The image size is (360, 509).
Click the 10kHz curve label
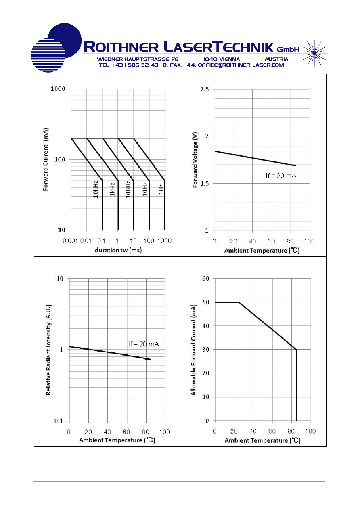[96, 189]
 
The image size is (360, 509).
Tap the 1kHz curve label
[112, 189]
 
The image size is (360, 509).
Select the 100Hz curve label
[128, 189]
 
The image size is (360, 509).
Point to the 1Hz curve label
[161, 189]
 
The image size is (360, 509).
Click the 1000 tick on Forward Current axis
[58, 89]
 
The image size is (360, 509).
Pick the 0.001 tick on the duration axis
[70, 241]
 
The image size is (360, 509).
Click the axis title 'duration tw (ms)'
[118, 250]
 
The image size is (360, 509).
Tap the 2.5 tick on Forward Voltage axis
[204, 89]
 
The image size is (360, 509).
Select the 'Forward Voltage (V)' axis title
[195, 160]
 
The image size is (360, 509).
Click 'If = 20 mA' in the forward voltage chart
[281, 176]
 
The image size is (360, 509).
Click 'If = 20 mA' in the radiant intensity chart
[144, 344]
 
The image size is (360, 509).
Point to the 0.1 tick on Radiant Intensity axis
[59, 421]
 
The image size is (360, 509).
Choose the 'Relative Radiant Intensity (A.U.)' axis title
[48, 350]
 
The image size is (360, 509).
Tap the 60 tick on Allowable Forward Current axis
[205, 279]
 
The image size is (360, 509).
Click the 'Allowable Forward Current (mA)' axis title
[193, 350]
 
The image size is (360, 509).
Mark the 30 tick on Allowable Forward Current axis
[205, 349]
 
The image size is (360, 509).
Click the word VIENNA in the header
[229, 59]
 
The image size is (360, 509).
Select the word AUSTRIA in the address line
[276, 59]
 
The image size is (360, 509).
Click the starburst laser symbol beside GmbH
[314, 53]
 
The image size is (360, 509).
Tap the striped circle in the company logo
[48, 55]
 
